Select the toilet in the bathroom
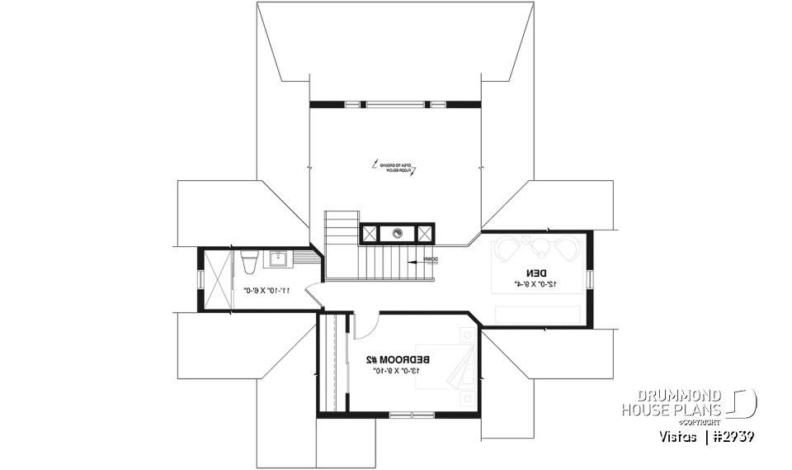point(249,260)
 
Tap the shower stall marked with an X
point(216,280)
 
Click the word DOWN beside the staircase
point(430,259)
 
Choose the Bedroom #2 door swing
point(365,326)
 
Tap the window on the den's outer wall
point(591,280)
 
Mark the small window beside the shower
point(198,280)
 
